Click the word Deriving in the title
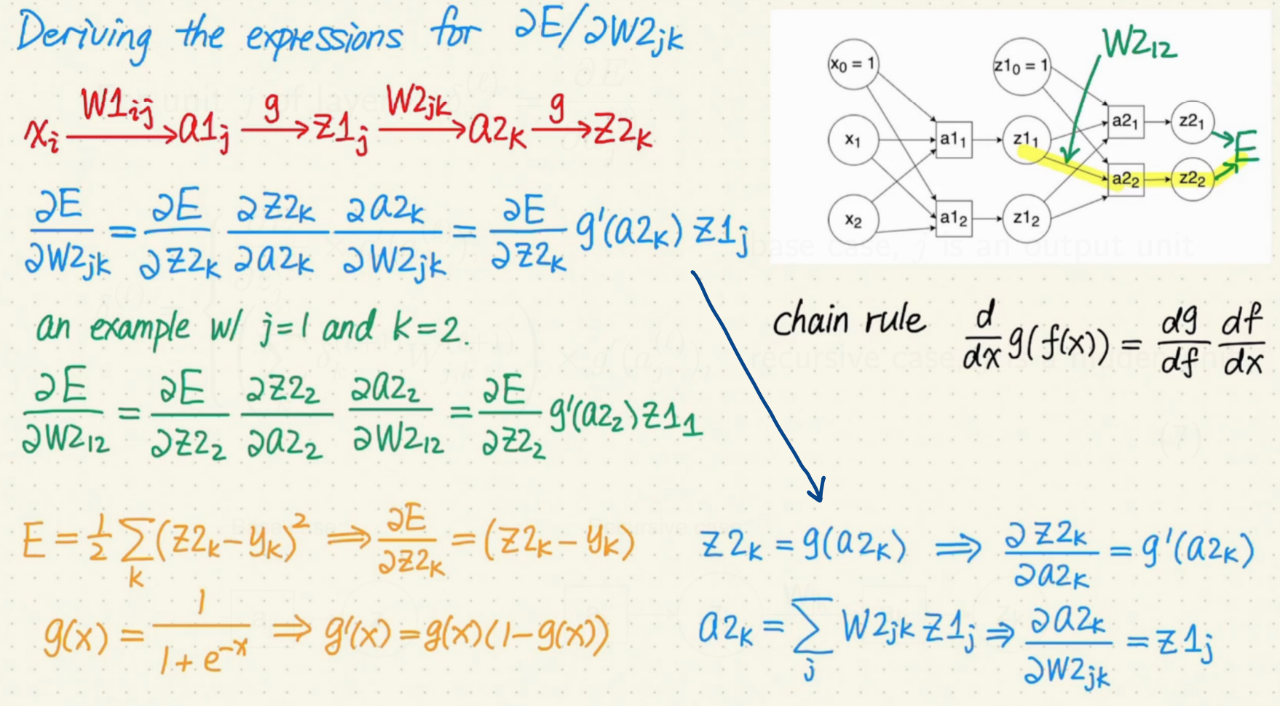coord(84,36)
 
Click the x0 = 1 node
coord(853,65)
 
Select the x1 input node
coord(853,140)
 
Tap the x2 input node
coord(853,219)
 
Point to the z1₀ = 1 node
coord(1021,66)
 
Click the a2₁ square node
coord(1125,121)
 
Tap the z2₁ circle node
coord(1192,121)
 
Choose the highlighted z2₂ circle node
coord(1192,178)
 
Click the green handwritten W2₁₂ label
coord(1139,44)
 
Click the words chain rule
coord(848,321)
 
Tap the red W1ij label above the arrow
coord(116,106)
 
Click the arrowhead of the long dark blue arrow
coord(818,492)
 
